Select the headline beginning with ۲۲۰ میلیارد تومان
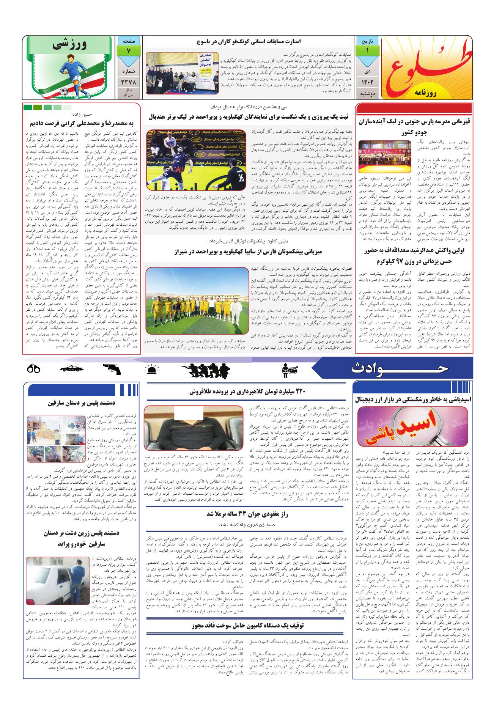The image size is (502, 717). pyautogui.click(x=247, y=392)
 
